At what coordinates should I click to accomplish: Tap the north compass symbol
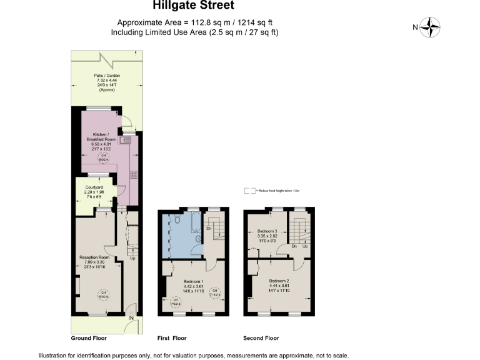tap(430, 27)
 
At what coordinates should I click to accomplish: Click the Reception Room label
tap(94, 261)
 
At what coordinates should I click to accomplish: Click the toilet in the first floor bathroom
tap(177, 221)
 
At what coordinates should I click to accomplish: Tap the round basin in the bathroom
tap(199, 238)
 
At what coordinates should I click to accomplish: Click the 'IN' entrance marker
tap(131, 319)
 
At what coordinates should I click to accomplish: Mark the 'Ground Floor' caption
tap(89, 338)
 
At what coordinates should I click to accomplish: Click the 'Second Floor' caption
tap(261, 338)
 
